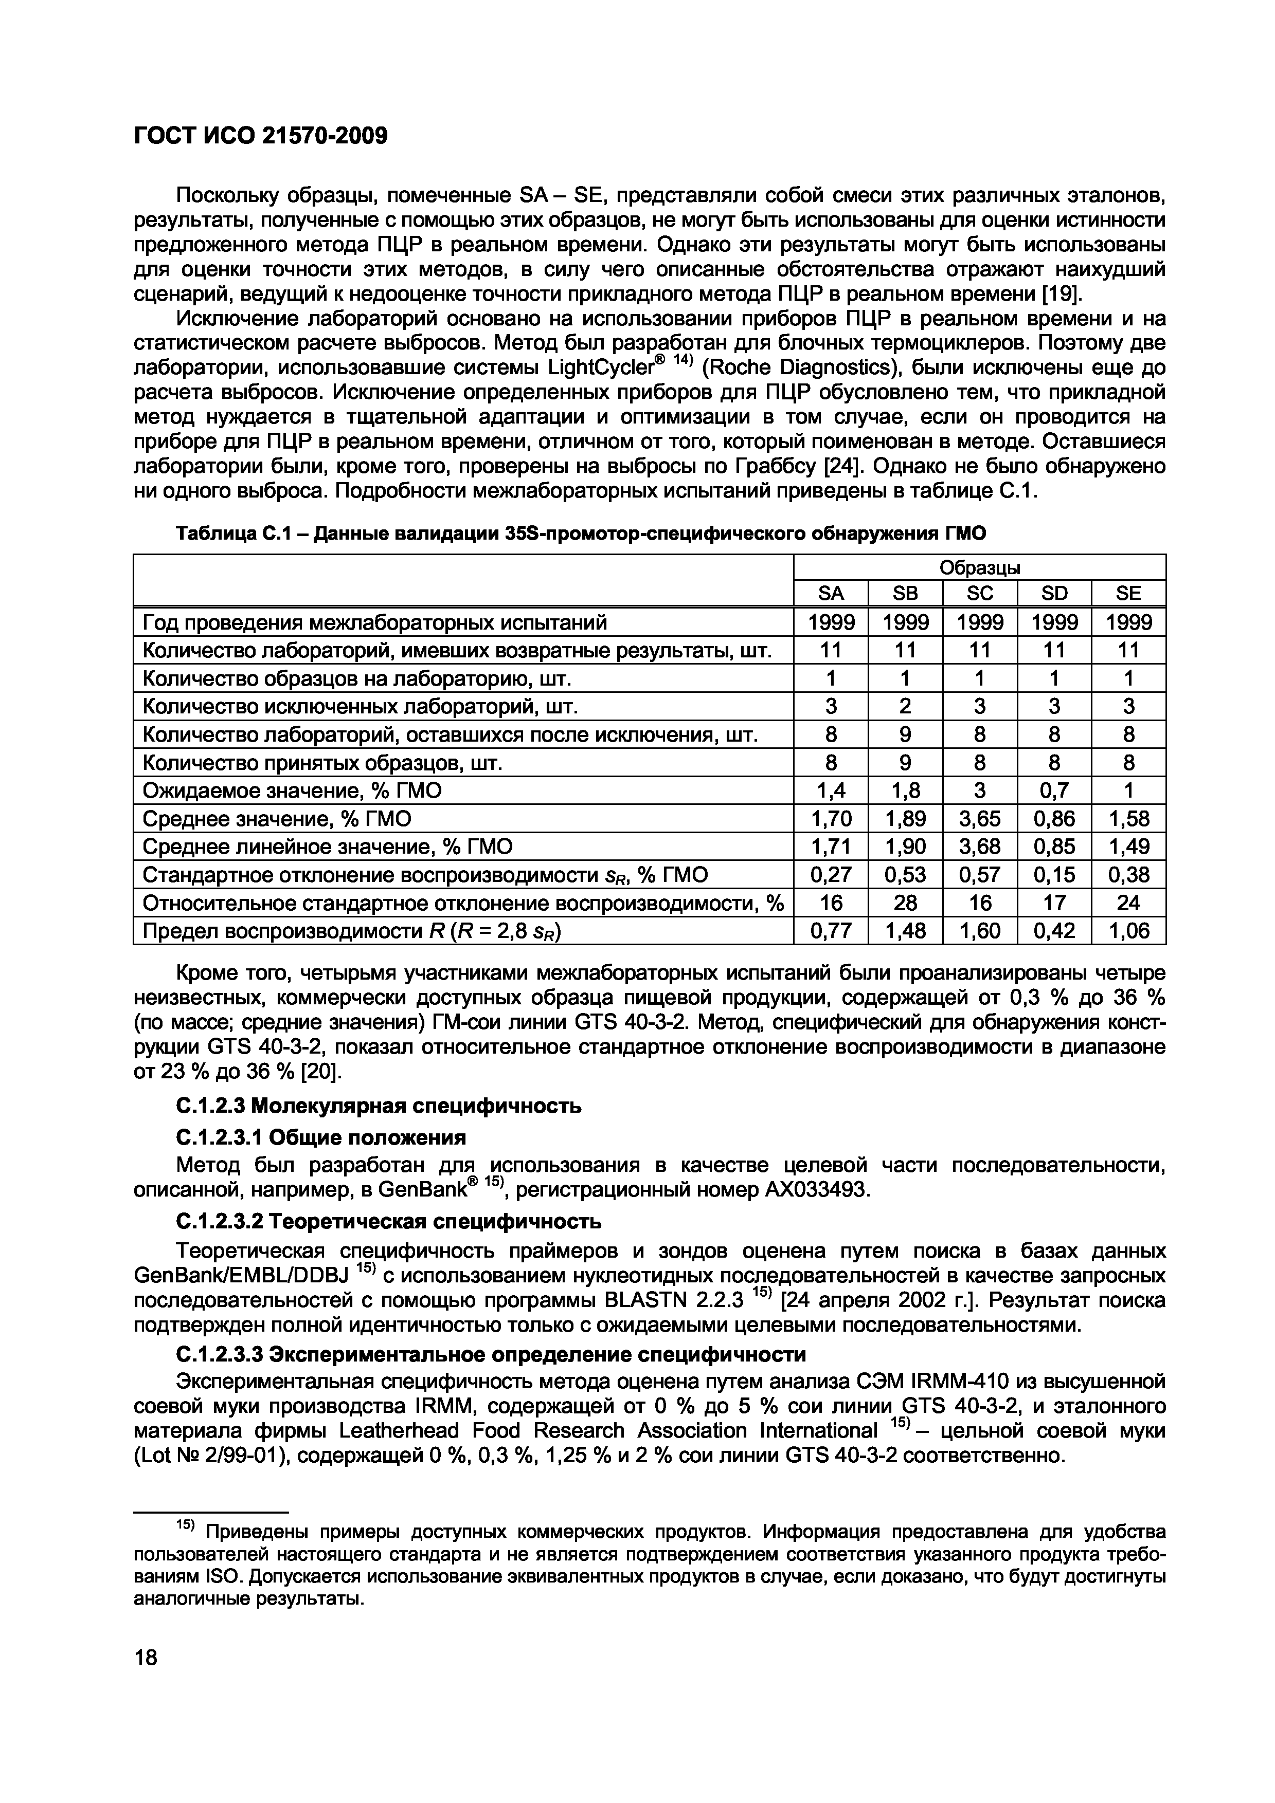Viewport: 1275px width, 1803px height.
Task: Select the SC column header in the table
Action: [980, 593]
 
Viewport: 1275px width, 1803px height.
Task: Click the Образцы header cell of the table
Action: [980, 567]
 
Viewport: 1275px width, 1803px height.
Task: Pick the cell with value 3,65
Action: [980, 819]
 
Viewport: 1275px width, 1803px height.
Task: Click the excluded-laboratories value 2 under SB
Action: [905, 707]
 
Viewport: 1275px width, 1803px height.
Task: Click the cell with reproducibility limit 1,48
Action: [905, 931]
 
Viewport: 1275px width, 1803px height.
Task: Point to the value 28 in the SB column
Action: [905, 903]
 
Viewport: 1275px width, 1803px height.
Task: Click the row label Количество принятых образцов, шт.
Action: [322, 763]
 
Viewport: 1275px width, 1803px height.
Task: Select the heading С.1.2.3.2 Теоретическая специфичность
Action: [390, 1222]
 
